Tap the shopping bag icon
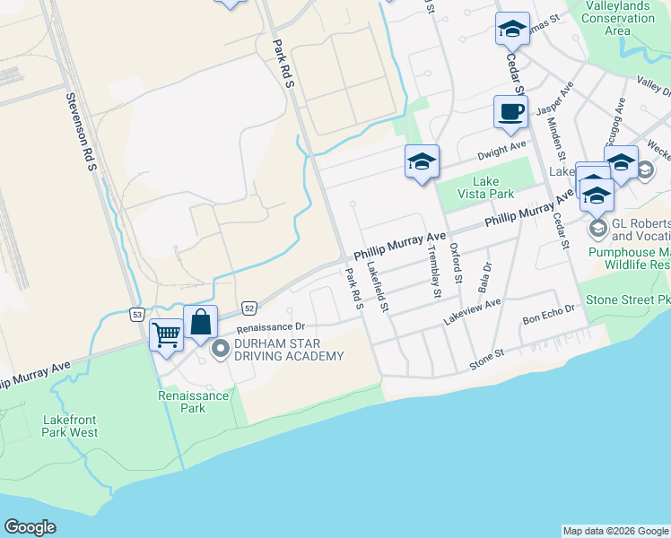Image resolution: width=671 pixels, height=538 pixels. [201, 322]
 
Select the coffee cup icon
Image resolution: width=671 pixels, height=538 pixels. [510, 112]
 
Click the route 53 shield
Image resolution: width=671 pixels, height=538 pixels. [136, 314]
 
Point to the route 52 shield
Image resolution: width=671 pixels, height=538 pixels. [249, 308]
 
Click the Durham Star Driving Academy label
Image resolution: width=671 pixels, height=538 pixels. [289, 350]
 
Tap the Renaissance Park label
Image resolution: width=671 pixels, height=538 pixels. [182, 402]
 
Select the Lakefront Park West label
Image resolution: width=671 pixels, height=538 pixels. [69, 425]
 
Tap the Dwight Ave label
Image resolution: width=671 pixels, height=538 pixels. [501, 146]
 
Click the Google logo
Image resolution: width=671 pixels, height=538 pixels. [30, 527]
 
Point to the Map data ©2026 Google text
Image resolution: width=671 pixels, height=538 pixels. [614, 531]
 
